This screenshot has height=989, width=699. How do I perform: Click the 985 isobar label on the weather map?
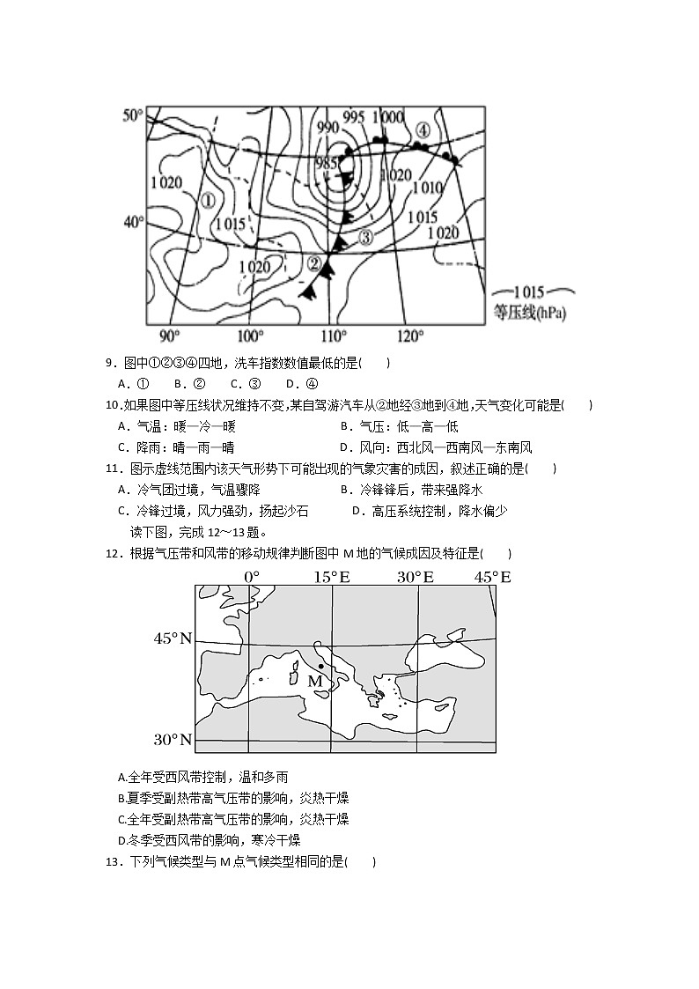(326, 163)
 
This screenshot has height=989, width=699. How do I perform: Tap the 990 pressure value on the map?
(327, 128)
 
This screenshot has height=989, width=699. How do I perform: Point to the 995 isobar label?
(354, 118)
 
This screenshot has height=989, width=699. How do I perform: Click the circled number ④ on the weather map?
(423, 130)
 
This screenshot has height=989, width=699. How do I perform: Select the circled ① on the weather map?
(208, 200)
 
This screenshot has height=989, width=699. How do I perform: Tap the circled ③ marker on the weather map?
(366, 236)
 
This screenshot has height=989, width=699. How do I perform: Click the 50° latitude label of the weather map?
(132, 116)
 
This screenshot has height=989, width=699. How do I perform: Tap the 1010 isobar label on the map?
(427, 188)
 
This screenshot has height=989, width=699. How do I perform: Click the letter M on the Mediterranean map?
(315, 681)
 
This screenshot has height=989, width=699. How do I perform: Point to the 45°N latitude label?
(173, 638)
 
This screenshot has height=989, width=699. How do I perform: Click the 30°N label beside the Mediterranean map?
(173, 739)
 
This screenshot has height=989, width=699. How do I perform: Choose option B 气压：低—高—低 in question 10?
(393, 426)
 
